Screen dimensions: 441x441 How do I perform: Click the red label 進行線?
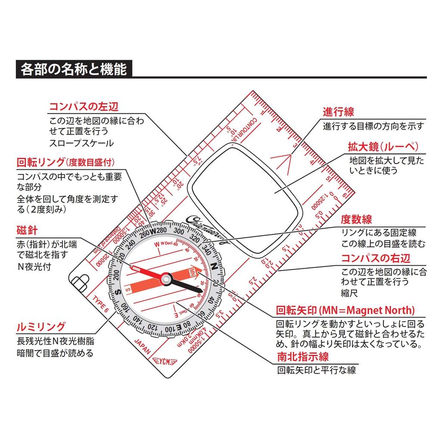pos(338,112)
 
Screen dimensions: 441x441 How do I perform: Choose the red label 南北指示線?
pos(303,356)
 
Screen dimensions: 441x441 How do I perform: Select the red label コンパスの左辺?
pos(84,106)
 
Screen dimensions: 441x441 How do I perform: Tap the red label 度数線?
pos(356,220)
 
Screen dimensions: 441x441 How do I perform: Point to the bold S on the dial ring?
pos(118,292)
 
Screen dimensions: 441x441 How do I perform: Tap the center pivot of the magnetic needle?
pos(165,280)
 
